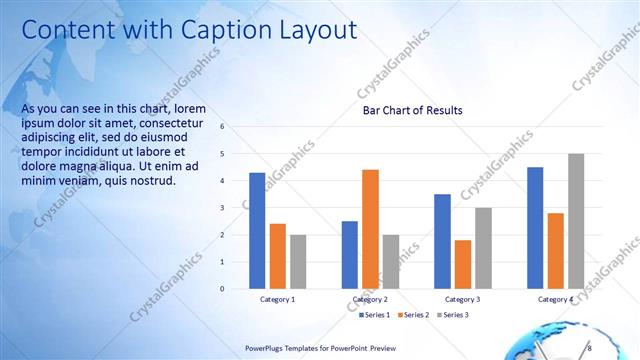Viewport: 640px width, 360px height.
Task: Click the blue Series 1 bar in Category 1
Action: (x=257, y=231)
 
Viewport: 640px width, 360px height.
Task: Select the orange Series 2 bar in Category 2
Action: (x=370, y=229)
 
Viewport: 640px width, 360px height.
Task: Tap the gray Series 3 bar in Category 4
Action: (x=576, y=221)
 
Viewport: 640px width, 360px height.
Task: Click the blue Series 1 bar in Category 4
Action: (x=535, y=228)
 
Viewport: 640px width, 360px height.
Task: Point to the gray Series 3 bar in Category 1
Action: (x=298, y=262)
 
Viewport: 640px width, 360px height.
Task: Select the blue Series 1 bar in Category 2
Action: (x=349, y=255)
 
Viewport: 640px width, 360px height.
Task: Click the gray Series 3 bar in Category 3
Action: (x=483, y=248)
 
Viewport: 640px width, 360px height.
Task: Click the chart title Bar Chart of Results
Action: (x=412, y=110)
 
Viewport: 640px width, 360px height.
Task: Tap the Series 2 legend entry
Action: (x=414, y=315)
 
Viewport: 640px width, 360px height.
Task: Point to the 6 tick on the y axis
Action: (x=236, y=127)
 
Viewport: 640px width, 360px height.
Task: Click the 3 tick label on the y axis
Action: (x=236, y=208)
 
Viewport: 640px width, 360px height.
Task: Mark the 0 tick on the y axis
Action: (x=236, y=289)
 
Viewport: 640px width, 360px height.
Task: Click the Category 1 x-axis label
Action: (x=277, y=299)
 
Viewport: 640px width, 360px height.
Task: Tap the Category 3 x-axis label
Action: (x=462, y=299)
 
